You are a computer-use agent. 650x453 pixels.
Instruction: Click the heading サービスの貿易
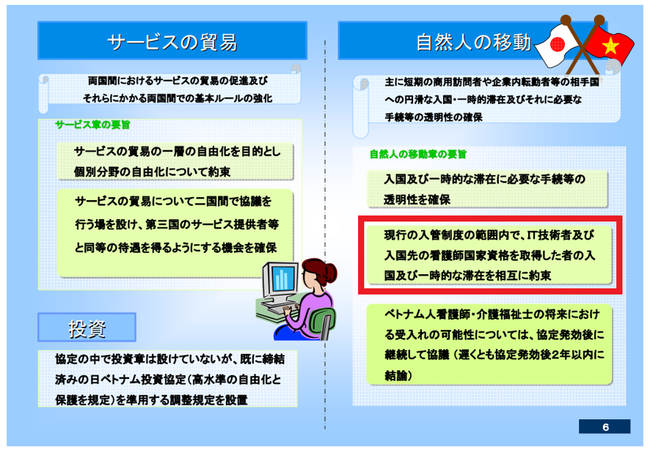point(172,43)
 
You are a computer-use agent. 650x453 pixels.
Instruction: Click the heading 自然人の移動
point(473,43)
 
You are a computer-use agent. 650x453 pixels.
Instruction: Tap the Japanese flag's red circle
point(557,44)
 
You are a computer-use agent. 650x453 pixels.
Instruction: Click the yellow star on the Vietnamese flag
point(610,46)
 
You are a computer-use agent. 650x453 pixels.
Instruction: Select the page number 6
point(605,427)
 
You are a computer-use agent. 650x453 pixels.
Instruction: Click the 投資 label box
point(87,328)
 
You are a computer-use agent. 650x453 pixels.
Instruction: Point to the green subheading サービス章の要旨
point(92,125)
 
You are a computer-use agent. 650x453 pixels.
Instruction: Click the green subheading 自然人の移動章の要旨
point(418,154)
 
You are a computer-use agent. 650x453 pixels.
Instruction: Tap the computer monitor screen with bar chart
point(284,279)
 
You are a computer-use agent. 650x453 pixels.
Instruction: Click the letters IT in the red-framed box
point(533,235)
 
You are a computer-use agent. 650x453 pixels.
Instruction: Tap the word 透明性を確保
point(417,199)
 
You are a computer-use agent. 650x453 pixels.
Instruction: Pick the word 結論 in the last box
point(396,375)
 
